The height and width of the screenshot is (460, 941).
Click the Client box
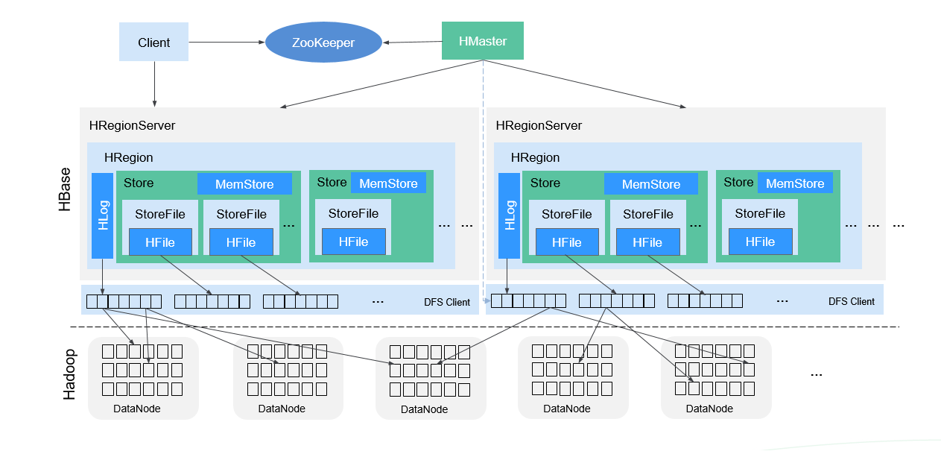coord(154,42)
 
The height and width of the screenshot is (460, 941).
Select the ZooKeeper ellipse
coord(323,42)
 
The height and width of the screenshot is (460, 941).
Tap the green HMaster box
coord(483,41)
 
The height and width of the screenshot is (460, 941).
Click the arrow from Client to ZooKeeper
coord(226,42)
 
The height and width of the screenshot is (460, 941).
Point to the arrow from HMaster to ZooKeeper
coord(412,42)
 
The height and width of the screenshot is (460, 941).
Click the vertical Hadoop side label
coord(69,374)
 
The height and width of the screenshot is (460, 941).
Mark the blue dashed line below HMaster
coord(484,179)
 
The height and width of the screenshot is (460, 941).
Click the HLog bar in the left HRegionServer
coord(102,215)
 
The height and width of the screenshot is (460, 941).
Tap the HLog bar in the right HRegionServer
coord(509,215)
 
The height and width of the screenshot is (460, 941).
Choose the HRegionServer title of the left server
coord(132,125)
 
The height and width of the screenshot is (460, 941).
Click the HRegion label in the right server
coord(535,158)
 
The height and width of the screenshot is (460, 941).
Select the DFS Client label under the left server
coord(447,302)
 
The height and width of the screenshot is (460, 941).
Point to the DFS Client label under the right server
coord(851,302)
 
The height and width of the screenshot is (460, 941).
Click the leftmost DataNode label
coord(136,409)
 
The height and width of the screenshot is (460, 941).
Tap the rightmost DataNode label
coord(709,409)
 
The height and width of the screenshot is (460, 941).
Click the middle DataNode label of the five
coord(424,409)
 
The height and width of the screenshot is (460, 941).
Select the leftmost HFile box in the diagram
coord(160,242)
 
